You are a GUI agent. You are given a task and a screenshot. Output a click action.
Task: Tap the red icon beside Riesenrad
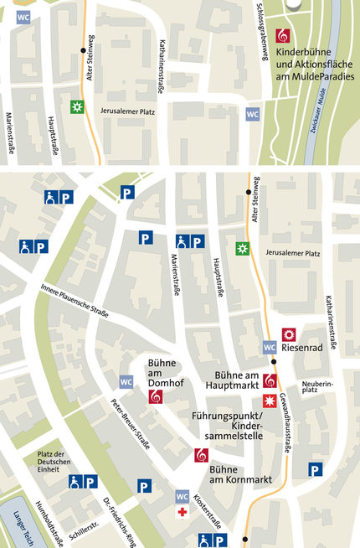[288, 333]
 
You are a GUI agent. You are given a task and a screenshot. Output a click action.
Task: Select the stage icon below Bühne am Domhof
[154, 398]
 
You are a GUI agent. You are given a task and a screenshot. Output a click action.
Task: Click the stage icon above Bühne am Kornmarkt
[201, 455]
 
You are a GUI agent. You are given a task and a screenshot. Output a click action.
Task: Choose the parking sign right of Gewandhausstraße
[314, 470]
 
